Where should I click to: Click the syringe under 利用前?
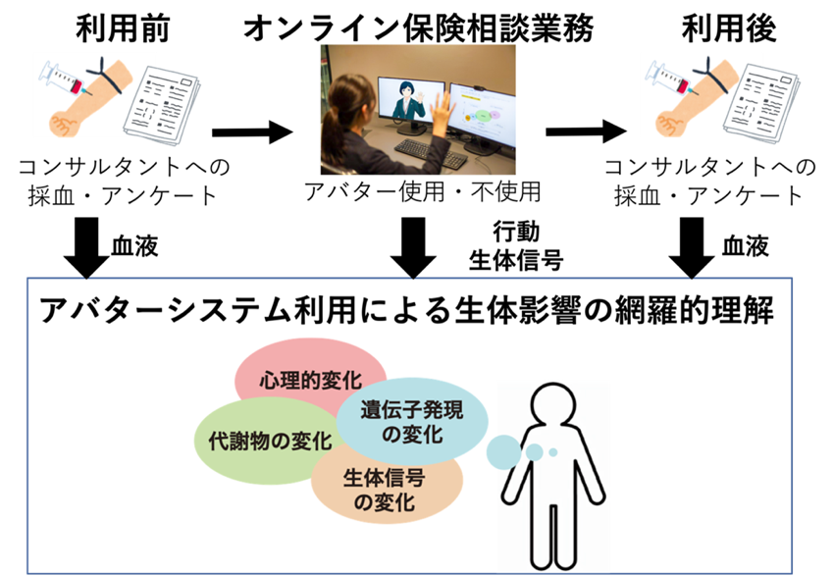pos(62,79)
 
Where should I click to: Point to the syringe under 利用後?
pos(667,79)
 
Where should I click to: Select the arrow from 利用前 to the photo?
pos(252,132)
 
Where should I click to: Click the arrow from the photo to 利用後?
pos(586,131)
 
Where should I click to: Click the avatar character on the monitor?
pos(407,101)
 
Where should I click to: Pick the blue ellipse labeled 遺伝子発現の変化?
pos(412,421)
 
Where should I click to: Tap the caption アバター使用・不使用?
pos(422,191)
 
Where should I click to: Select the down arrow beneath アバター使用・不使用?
pos(413,247)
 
